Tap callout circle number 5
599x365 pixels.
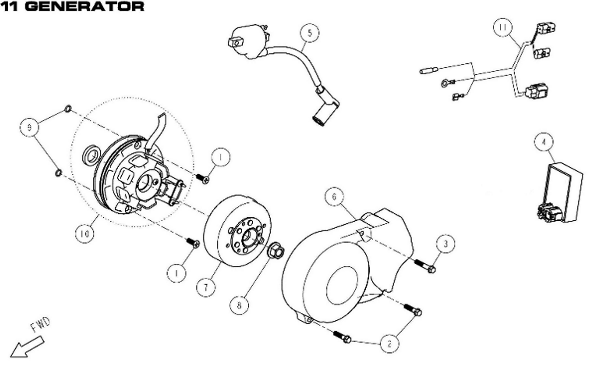309,33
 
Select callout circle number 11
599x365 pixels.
502,27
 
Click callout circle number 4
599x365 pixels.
544,142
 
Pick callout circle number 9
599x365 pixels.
29,127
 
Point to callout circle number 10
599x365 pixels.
85,234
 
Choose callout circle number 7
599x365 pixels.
206,287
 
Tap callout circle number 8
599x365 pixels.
239,305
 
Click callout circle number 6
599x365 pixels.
334,196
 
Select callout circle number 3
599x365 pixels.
446,244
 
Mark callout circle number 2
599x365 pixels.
389,343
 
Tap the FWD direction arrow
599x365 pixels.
26,347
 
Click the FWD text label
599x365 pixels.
40,325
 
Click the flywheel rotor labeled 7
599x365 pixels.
240,230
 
